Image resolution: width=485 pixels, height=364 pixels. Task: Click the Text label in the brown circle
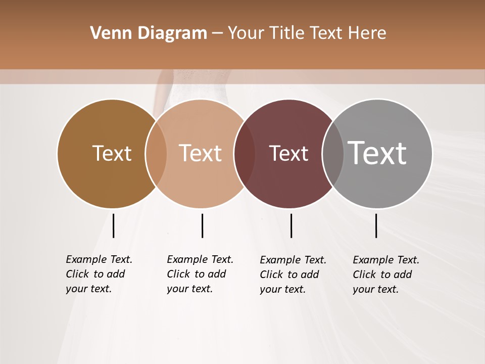coord(112,153)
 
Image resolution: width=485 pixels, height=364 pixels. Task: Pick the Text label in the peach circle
coord(201,153)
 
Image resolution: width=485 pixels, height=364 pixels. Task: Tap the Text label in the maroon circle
coord(288,154)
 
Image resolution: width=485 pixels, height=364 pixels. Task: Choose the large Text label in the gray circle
coord(377,153)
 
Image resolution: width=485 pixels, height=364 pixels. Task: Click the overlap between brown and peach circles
coord(156,154)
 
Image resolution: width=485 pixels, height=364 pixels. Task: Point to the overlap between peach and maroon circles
coord(245,154)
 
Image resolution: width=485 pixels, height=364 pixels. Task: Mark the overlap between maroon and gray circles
coord(333,154)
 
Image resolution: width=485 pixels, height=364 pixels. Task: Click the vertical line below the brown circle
coord(113,225)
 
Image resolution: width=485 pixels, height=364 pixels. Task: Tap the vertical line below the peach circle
coord(202,225)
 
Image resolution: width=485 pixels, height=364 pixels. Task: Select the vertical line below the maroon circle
coord(291,225)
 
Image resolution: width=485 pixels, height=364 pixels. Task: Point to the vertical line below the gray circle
coord(376,225)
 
